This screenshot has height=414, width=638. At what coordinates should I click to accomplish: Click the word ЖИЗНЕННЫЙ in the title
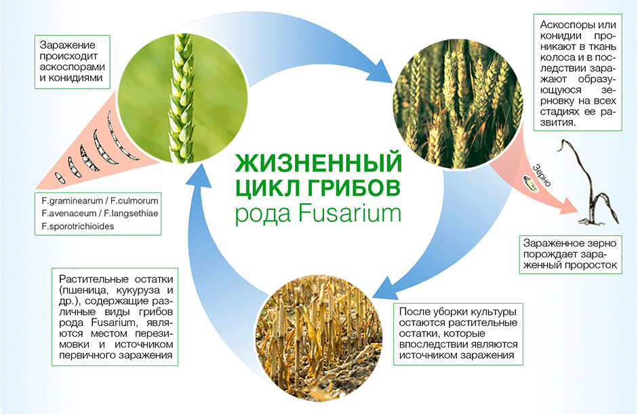pos(319,163)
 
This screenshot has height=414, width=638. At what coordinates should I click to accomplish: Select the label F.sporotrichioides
pos(78,226)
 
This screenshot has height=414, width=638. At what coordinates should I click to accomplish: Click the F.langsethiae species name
pos(131,213)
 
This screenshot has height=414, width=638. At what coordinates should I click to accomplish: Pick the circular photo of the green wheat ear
pos(182,98)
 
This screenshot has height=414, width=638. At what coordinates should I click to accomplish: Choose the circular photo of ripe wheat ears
pos(458,104)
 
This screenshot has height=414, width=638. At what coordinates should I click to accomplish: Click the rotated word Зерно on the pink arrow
pos(542,175)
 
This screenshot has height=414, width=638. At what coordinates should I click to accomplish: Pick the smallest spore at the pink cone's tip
pos(60,178)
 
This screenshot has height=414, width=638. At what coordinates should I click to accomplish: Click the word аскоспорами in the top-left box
pos(73,66)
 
